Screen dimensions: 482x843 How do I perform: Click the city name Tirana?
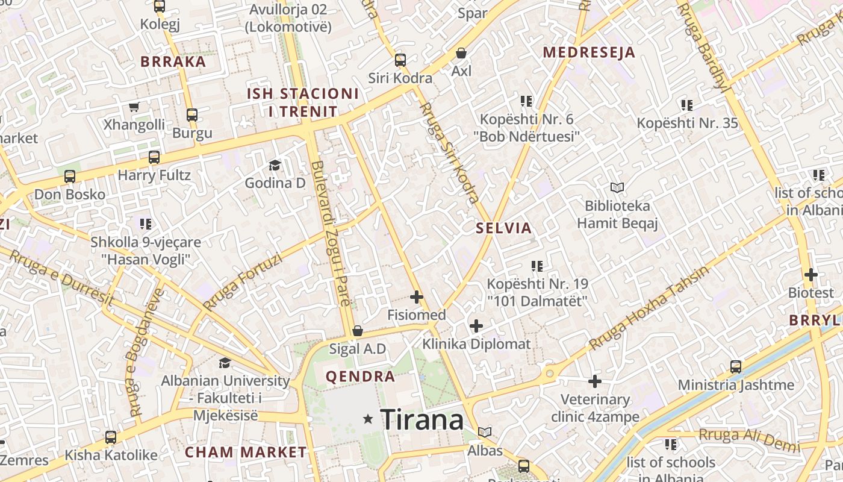coord(422,420)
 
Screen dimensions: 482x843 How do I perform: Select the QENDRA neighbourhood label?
coord(360,377)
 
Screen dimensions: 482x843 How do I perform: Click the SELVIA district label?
coord(504,228)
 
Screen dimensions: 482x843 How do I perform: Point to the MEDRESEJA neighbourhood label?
coord(589,52)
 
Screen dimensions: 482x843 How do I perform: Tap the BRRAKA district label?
coord(173,61)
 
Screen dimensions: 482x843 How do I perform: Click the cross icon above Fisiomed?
coord(416,297)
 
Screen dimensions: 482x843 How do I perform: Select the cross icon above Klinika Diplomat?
coord(476,327)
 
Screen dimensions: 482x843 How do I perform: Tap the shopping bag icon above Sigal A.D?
coord(358,331)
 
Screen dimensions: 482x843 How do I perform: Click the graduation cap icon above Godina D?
coord(275,165)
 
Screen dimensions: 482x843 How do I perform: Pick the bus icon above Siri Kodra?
coord(400,60)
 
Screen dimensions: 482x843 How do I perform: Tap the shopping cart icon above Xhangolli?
coord(134,107)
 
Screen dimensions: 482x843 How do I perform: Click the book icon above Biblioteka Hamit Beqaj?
coord(617,188)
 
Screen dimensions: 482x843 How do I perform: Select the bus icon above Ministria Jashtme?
coord(736,367)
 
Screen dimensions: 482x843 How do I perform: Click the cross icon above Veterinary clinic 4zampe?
coord(595,381)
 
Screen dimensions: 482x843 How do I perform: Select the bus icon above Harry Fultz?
coord(154,158)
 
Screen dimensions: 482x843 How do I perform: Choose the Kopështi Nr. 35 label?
coord(687,124)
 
